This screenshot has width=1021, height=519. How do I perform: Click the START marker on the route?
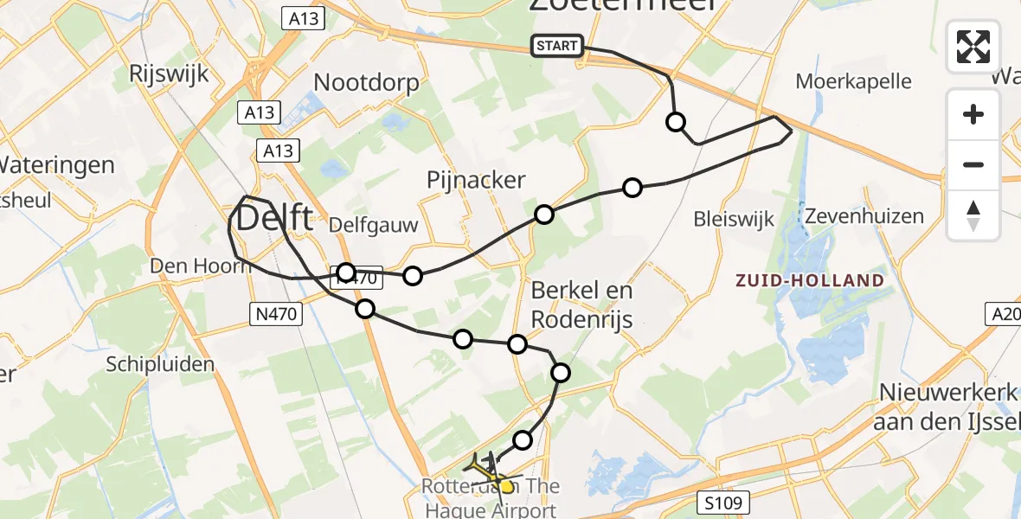point(557,46)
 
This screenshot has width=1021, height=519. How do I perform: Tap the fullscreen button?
point(973,47)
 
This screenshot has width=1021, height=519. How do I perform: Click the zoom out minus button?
point(973,164)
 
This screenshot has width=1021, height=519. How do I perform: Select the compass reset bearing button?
point(973,215)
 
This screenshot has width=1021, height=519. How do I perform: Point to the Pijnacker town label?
point(476,180)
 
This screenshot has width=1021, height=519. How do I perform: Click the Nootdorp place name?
point(366,83)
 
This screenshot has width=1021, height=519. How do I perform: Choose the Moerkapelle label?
point(853,81)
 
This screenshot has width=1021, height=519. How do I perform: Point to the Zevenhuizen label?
point(864,215)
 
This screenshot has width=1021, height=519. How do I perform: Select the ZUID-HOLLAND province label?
point(809,280)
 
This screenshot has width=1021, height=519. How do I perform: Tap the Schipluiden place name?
point(160,364)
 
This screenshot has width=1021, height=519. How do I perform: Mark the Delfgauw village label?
point(375,227)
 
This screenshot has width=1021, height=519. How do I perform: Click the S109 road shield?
point(722,502)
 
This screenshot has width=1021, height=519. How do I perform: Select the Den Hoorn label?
point(201,266)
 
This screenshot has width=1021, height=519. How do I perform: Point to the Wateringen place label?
point(57,164)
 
